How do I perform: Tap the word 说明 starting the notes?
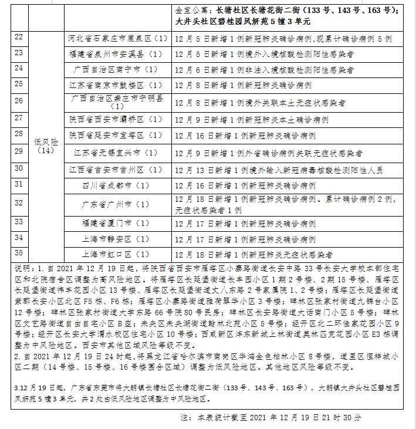[19, 266]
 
